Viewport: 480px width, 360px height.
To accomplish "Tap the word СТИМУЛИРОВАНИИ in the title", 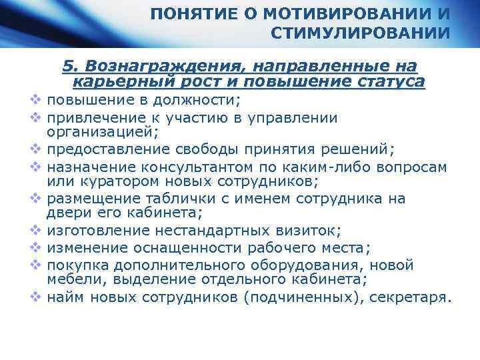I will tap(361, 33).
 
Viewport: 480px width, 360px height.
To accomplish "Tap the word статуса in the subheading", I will tap(394, 82).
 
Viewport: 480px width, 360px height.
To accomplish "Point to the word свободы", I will tap(212, 149).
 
